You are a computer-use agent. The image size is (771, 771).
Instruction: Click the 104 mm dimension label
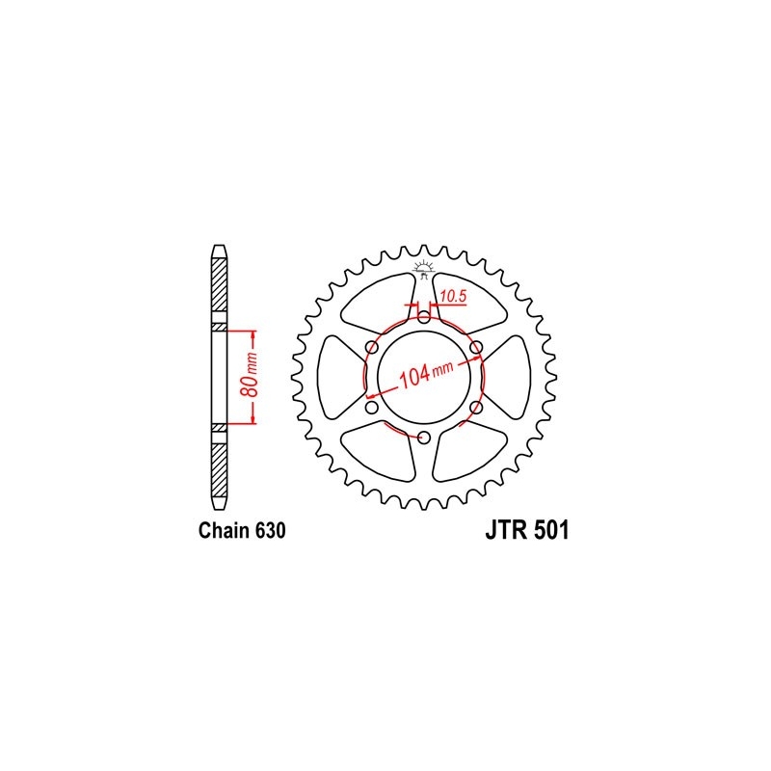point(425,374)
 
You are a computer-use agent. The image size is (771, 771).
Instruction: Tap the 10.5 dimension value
point(453,297)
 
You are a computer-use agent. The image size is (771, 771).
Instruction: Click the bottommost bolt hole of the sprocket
point(424,439)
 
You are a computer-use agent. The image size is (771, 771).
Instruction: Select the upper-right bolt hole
point(476,347)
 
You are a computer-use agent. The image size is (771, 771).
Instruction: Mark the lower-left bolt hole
point(371,409)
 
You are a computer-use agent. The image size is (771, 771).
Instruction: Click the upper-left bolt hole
point(371,347)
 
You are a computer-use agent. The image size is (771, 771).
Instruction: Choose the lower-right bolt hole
point(476,409)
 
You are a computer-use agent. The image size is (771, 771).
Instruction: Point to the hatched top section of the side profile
point(219,289)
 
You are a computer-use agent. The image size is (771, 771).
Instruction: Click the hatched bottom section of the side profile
point(219,466)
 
